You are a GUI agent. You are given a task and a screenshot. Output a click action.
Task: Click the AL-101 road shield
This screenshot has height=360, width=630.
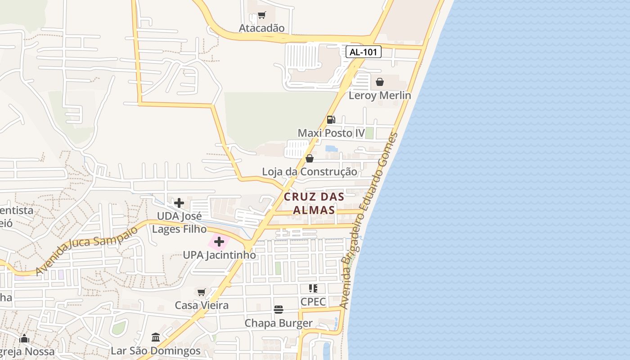(364, 52)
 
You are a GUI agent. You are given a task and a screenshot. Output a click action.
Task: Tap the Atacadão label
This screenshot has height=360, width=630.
(261, 28)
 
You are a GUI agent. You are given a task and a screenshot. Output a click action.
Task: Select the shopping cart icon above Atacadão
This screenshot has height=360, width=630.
(261, 16)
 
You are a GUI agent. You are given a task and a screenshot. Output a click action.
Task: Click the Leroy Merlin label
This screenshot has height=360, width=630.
(380, 95)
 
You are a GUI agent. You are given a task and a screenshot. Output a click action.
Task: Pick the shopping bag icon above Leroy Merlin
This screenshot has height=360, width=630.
(380, 82)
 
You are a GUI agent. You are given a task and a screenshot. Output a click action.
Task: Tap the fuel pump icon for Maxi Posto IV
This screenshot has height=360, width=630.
(331, 120)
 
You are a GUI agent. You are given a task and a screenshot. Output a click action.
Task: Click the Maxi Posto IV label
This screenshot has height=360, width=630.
(331, 133)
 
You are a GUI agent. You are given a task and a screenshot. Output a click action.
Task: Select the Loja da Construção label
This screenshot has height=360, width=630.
(310, 172)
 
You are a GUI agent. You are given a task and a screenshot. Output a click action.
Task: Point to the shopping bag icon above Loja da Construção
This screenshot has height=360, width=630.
(310, 158)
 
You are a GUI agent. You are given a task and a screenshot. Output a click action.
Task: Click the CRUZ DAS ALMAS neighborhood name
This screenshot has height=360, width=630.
(314, 203)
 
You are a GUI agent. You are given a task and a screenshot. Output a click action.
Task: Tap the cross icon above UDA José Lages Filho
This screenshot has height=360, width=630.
(179, 203)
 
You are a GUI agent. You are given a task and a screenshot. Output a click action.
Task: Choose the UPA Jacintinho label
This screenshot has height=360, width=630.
(219, 255)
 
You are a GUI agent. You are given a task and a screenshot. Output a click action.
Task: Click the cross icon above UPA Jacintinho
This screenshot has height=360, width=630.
(219, 242)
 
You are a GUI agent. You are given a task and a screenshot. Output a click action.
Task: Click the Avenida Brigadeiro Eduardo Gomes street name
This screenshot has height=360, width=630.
(369, 220)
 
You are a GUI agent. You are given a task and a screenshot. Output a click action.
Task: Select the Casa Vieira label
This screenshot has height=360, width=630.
(202, 305)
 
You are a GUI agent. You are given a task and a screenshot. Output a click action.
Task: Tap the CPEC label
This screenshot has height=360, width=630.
(313, 301)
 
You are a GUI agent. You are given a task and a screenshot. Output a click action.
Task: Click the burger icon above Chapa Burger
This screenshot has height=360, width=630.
(279, 310)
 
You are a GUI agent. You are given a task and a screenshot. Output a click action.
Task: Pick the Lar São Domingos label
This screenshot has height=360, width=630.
(156, 351)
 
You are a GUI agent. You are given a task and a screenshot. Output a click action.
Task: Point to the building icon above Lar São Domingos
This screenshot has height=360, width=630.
(156, 337)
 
